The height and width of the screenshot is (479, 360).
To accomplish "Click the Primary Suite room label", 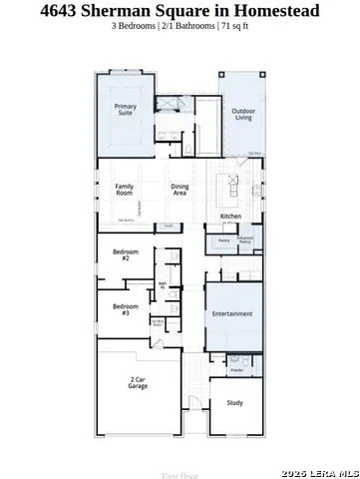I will click(126, 109).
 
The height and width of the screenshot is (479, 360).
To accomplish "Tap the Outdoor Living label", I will click(242, 114).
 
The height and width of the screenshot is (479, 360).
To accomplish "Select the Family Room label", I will click(125, 189).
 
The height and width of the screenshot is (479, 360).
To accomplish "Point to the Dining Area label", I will click(180, 189).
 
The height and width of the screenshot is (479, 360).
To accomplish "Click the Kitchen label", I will click(230, 217).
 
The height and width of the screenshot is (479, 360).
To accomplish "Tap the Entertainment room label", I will click(232, 313).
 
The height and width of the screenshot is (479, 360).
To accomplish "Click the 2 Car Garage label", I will click(138, 382).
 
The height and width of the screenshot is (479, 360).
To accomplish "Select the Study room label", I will click(234, 403).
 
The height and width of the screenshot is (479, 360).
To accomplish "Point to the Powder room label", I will click(236, 370).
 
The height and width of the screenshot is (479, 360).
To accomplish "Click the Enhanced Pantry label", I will click(245, 239).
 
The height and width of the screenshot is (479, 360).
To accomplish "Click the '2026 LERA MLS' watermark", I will click(319, 472).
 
